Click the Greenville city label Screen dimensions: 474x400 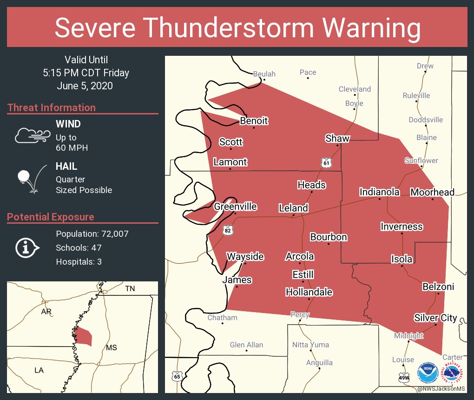pos(235,206)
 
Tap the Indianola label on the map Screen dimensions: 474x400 pos(380,192)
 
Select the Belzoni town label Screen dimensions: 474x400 pos(438,287)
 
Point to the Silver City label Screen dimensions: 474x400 pos(435,318)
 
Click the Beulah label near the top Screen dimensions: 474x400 pos(264,74)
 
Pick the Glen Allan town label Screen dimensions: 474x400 pos(246,345)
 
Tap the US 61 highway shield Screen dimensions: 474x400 pos(327,162)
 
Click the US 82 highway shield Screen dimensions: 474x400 pos(227,230)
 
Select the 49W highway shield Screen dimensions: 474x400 pos(404,378)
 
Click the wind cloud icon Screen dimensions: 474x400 pos(32,135)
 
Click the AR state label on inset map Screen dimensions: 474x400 pos(46,311)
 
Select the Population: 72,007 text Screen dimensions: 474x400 pos(92,233)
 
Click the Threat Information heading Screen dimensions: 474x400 pos(52,107)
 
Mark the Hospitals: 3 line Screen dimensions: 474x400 pos(79,261)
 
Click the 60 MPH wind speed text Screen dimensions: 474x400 pos(72,148)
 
